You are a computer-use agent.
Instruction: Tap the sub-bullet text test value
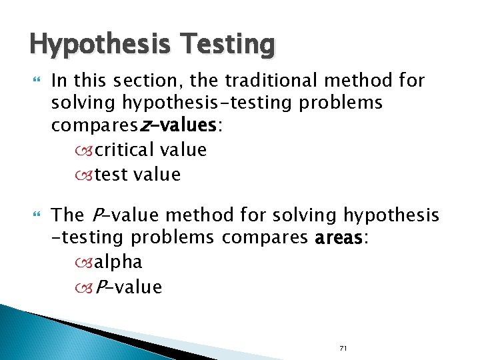tap(138, 175)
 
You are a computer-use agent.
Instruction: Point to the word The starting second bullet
tap(68, 215)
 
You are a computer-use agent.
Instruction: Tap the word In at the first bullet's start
tap(59, 81)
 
